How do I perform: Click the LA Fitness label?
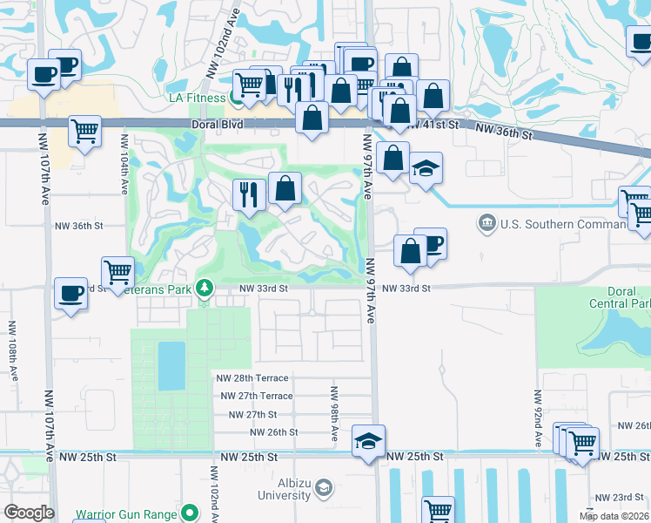tap(197, 98)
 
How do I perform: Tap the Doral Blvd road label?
tap(218, 125)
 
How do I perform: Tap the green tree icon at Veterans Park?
tap(205, 287)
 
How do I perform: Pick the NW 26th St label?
tap(273, 432)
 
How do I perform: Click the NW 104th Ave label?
tap(124, 165)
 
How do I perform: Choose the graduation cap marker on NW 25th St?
tap(369, 442)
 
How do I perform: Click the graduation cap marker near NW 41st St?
tap(426, 169)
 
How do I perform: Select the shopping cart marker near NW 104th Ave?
tap(117, 271)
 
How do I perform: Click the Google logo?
tap(28, 513)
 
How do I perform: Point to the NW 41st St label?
tap(433, 125)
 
